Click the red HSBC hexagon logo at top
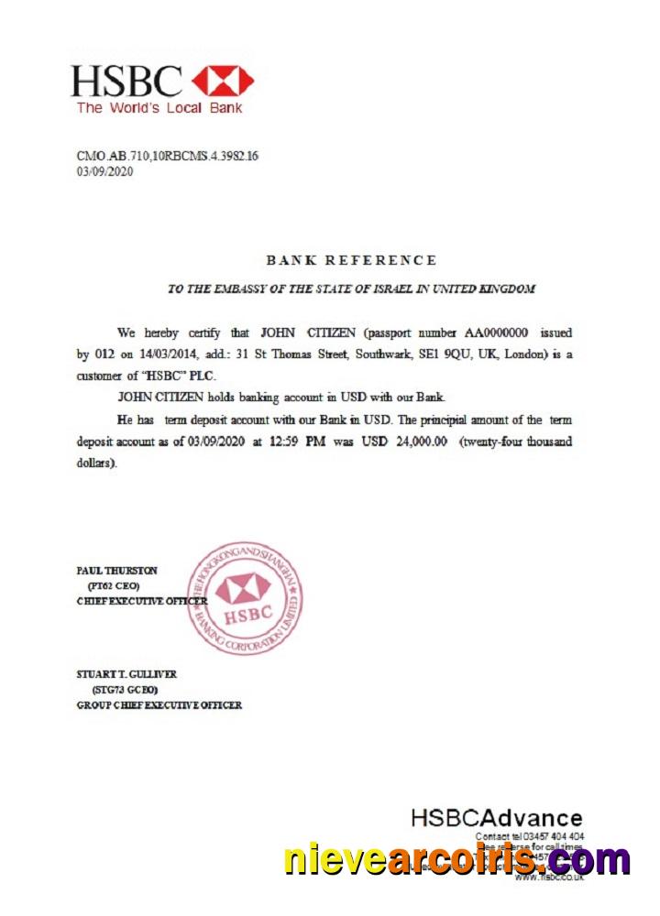point(223,82)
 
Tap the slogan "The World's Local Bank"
point(159,108)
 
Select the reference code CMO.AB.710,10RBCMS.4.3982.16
point(168,156)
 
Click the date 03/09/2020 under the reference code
point(105,171)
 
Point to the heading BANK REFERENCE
point(351,261)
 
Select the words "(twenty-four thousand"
point(516,442)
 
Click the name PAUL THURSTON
point(117,571)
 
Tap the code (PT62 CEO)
point(115,585)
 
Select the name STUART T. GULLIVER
point(126,674)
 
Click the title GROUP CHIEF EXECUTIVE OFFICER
point(159,705)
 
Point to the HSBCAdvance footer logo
point(496,818)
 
